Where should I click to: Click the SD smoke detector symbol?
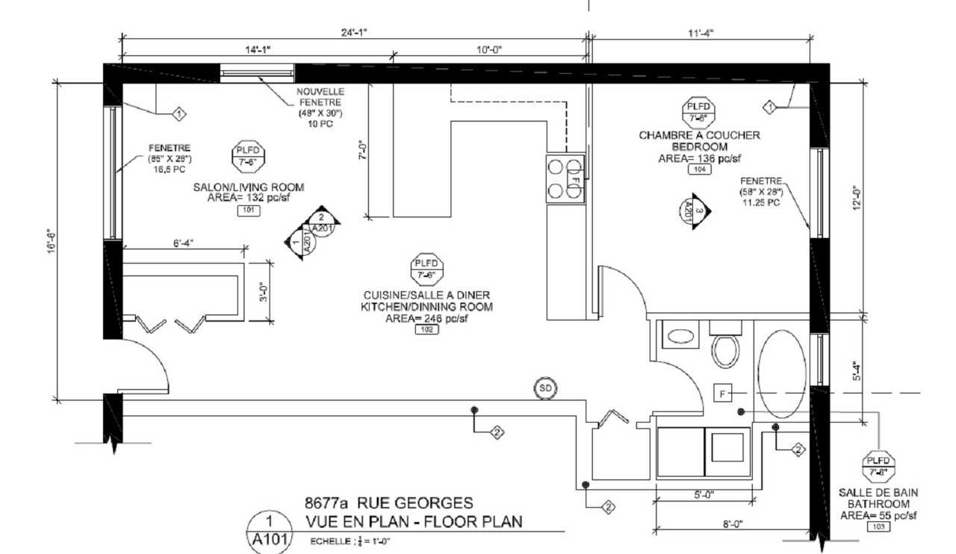tap(545, 388)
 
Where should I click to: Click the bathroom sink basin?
tap(680, 336)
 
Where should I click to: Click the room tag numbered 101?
tap(248, 211)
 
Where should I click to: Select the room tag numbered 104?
tap(699, 169)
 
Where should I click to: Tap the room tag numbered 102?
tap(426, 329)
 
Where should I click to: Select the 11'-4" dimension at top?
tap(700, 32)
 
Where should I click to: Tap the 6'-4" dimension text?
tap(182, 243)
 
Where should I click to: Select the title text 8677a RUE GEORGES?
tap(388, 504)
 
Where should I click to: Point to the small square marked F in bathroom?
tap(723, 393)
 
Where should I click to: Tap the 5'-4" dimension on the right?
tap(858, 371)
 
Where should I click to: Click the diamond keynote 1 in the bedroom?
tap(770, 107)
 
